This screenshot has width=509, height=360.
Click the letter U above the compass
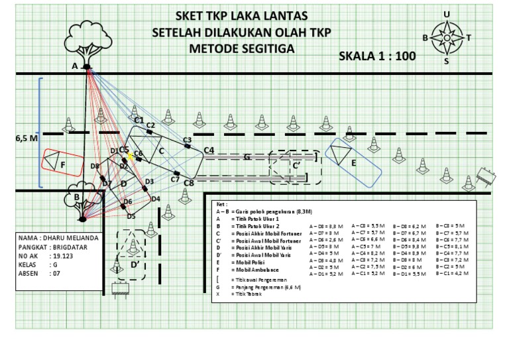click(447, 15)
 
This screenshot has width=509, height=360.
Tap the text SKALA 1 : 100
click(377, 56)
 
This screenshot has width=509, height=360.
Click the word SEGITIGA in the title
click(268, 48)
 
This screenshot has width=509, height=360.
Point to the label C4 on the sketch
click(209, 150)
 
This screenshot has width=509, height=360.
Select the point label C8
click(189, 183)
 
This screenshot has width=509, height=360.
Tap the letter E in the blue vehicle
click(354, 162)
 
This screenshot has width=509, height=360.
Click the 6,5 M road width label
click(26, 139)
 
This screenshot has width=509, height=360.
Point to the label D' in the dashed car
click(135, 265)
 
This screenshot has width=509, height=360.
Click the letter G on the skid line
click(247, 157)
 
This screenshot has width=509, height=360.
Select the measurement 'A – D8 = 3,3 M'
click(327, 226)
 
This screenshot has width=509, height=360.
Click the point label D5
click(131, 215)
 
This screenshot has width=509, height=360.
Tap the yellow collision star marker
click(132, 156)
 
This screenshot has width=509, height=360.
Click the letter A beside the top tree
click(75, 66)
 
